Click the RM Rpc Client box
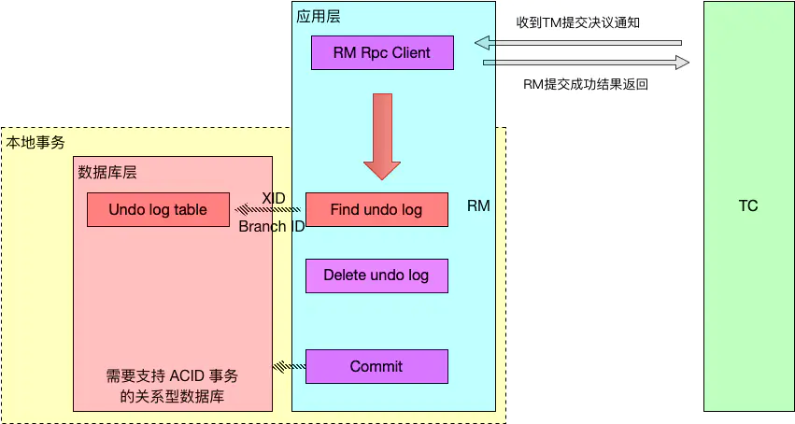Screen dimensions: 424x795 point(382,52)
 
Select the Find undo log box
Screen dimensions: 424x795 point(376,210)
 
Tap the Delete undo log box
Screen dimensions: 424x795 point(376,276)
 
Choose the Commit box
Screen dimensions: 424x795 point(376,366)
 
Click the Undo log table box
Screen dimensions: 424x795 point(158,210)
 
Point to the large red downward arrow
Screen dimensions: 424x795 point(381,135)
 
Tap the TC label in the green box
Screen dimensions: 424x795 point(747,205)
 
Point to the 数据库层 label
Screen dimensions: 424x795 point(107,172)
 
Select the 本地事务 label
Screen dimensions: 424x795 point(35,142)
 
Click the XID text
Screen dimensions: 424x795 point(274,198)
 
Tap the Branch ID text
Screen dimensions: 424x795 point(271,226)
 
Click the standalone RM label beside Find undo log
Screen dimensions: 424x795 point(478,205)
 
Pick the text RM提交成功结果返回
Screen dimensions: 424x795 point(586,84)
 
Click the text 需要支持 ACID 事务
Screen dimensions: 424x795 point(172,376)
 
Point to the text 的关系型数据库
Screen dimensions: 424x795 point(172,396)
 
